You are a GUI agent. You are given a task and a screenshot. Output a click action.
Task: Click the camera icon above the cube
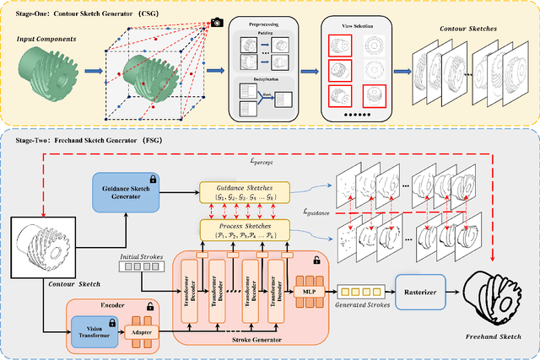click(217, 21)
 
